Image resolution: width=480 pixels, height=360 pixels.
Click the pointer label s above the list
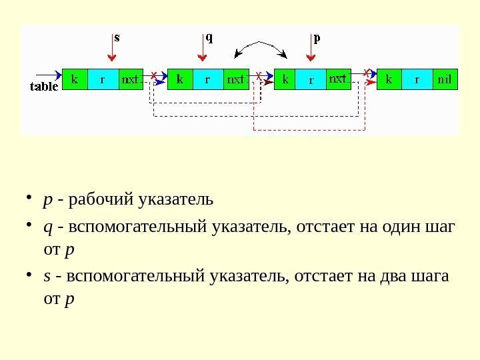pyautogui.click(x=117, y=37)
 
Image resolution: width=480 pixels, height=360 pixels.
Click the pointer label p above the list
pyautogui.click(x=317, y=37)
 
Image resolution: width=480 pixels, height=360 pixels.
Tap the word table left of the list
pyautogui.click(x=45, y=85)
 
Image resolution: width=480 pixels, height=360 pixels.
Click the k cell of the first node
pyautogui.click(x=75, y=79)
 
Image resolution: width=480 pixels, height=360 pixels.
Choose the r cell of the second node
pyautogui.click(x=207, y=79)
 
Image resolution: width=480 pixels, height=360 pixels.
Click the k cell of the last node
pyautogui.click(x=390, y=79)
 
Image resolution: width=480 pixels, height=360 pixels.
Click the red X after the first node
pyautogui.click(x=154, y=75)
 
